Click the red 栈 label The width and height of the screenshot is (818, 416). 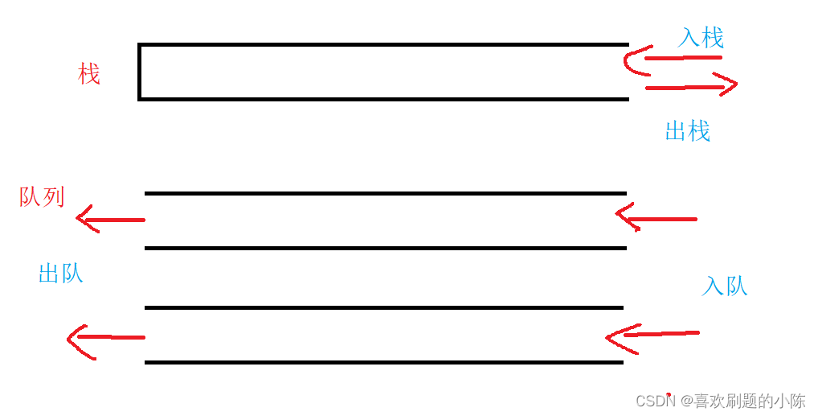tap(89, 74)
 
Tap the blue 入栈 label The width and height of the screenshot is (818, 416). tap(701, 38)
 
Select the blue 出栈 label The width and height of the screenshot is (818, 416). tap(688, 131)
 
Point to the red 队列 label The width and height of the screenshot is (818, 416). tap(43, 197)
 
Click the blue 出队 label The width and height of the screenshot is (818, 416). tap(61, 274)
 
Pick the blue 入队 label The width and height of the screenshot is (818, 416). tap(725, 286)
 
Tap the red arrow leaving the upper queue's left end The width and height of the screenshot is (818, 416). tap(110, 220)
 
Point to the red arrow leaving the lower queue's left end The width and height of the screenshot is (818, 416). tap(105, 338)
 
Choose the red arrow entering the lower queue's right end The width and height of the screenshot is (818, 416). tap(652, 335)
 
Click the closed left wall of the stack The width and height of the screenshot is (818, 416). tap(140, 72)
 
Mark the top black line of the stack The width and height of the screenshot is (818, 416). tap(382, 45)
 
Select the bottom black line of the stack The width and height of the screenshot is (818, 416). tap(382, 99)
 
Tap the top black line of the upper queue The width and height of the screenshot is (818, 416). tap(386, 193)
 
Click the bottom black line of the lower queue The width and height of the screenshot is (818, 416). tap(384, 362)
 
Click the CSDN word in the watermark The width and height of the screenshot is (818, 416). tap(655, 401)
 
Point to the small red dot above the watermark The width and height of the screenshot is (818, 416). tap(668, 394)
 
